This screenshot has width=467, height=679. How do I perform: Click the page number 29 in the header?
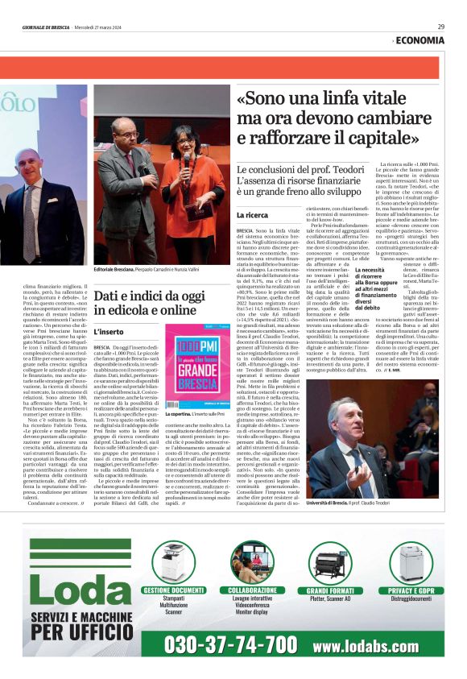click(x=441, y=27)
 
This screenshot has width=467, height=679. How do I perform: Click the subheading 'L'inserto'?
click(x=109, y=331)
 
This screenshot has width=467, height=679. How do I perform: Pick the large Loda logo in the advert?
click(x=76, y=578)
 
